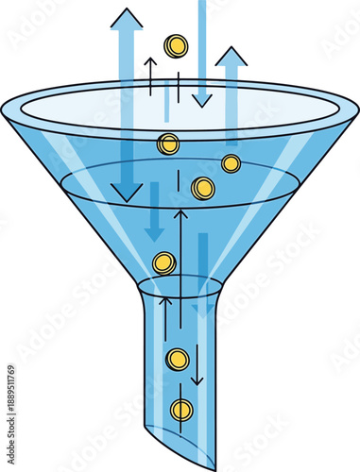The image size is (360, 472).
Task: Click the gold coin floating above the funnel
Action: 176,45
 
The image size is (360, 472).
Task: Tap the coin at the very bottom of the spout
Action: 181,410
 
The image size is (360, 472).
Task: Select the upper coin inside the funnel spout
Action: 178,359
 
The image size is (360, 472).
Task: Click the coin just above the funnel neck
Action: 164,262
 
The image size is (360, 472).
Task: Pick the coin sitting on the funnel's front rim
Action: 168,144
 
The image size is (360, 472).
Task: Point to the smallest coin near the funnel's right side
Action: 231,163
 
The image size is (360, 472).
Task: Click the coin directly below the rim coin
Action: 202,188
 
